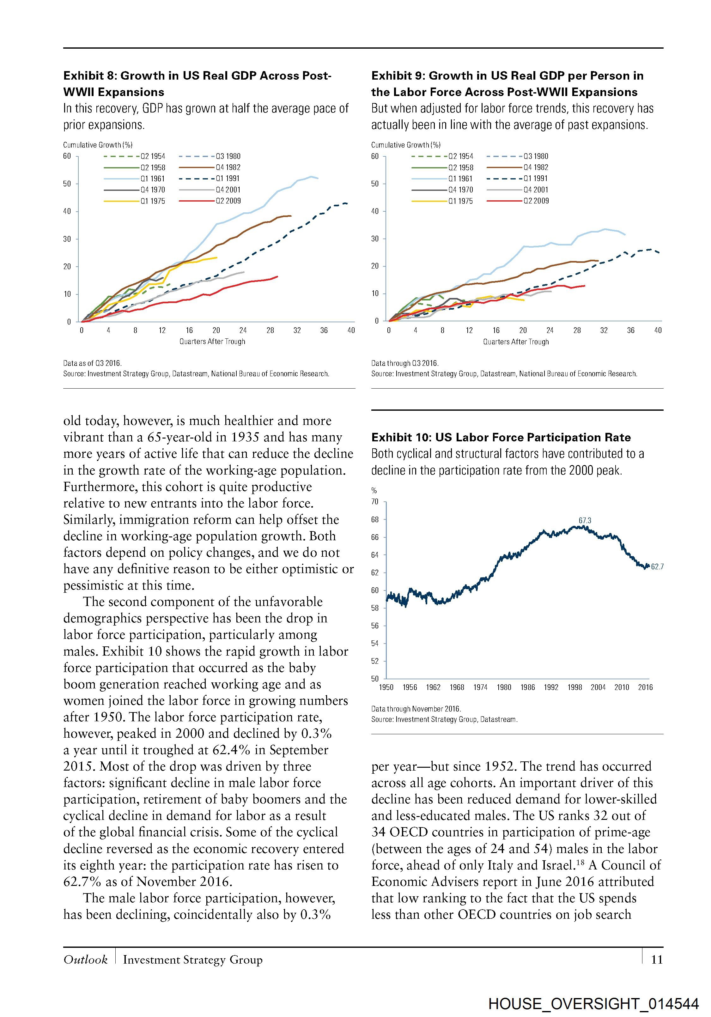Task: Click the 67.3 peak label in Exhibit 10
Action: [585, 520]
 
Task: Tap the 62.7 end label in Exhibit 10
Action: [657, 566]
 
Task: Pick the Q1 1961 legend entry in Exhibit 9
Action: [460, 179]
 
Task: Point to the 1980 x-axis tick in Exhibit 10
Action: [504, 687]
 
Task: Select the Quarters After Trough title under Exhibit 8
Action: [212, 342]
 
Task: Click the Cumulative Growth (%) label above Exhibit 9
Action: [406, 145]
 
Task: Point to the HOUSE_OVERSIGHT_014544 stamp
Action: [594, 1004]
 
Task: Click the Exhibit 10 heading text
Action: [501, 438]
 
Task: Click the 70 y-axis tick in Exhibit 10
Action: [375, 501]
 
